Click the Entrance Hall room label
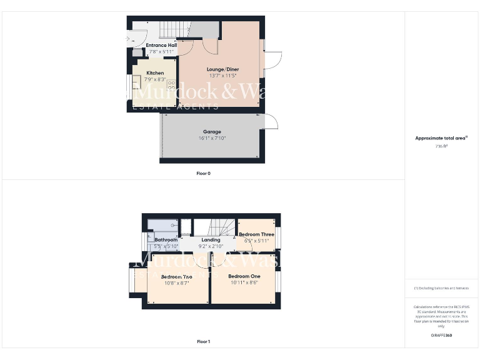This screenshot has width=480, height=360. pos(161,45)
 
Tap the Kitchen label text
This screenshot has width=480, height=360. pos(155,73)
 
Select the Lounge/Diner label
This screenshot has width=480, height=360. pos(222,69)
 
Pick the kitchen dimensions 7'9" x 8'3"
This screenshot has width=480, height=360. pos(155,79)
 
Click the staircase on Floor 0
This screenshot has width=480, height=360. pos(172,28)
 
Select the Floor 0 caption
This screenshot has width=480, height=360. pos(204,173)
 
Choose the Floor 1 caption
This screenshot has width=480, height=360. pos(204,342)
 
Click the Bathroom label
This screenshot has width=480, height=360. pos(166,240)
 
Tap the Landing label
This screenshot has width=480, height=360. pos(211,240)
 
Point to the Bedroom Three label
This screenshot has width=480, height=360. pos(256,234)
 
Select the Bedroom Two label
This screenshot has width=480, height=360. pos(176,276)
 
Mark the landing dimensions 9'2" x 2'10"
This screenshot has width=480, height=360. pos(211,246)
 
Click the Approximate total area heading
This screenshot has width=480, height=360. pos(441,138)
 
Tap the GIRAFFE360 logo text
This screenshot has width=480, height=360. pos(441,336)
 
